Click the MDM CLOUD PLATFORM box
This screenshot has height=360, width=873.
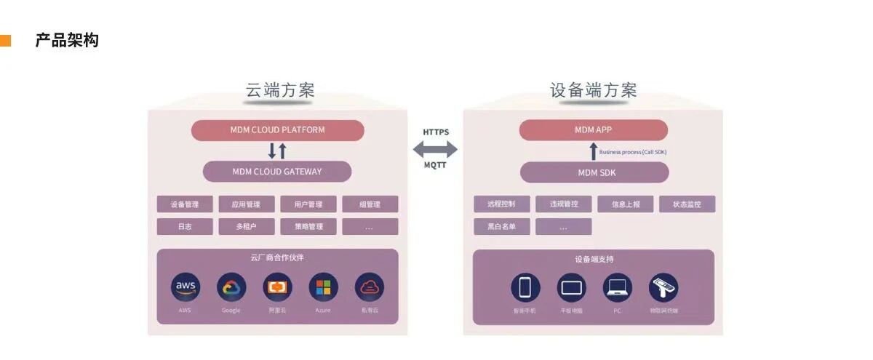(x=277, y=130)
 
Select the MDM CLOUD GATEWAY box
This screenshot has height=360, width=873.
(x=277, y=172)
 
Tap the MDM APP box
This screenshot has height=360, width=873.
(x=593, y=130)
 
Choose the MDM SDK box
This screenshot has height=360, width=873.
(x=593, y=172)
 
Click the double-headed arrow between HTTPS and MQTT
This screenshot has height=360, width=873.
(x=436, y=150)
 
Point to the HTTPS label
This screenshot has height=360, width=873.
(x=436, y=132)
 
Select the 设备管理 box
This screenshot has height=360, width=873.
(x=185, y=204)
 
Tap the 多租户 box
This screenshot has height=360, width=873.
(x=247, y=227)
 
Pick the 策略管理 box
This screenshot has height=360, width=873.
(x=308, y=227)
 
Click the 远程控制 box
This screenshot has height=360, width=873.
(x=502, y=204)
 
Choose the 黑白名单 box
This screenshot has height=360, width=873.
(x=502, y=227)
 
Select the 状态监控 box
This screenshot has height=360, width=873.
(x=687, y=204)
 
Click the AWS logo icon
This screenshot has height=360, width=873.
(x=186, y=287)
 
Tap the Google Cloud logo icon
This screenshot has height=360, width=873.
(x=231, y=287)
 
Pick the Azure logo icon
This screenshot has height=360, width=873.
(x=323, y=287)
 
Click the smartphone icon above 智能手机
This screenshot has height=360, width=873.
(x=525, y=287)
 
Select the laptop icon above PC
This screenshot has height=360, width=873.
(x=617, y=287)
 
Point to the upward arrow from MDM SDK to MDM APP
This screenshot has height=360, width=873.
(x=593, y=151)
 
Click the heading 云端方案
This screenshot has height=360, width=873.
(x=280, y=90)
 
